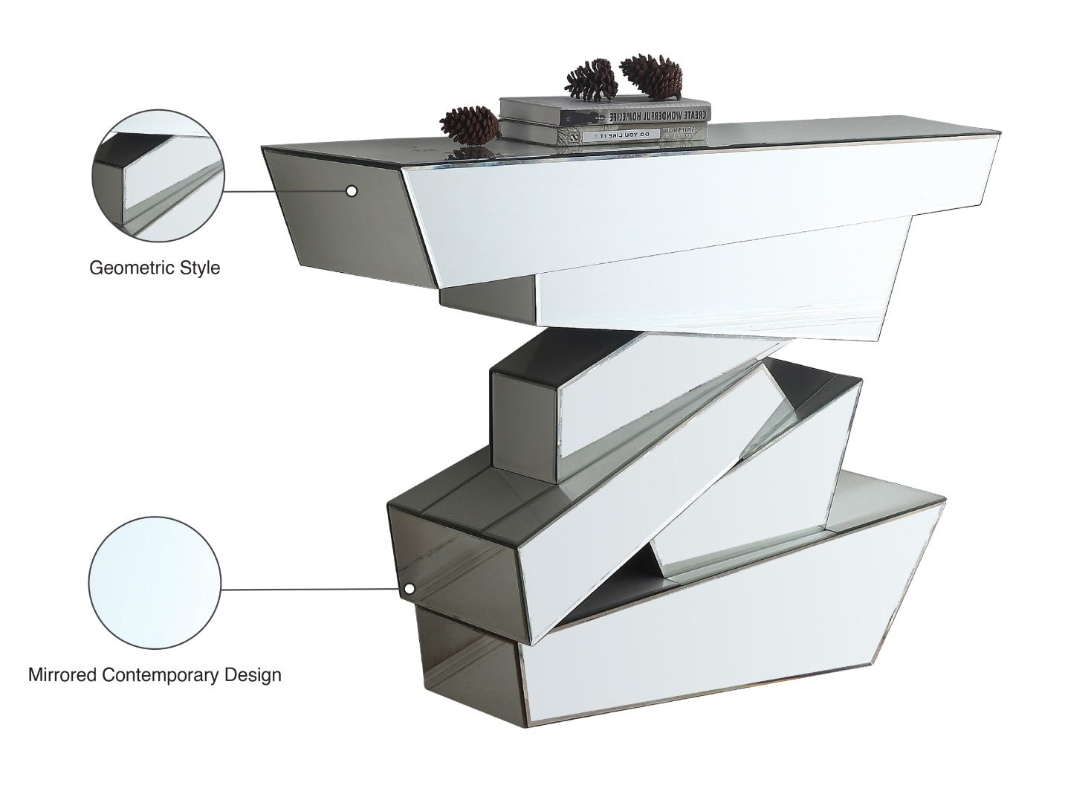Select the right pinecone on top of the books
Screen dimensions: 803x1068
[651, 75]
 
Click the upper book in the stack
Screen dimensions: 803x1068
[603, 112]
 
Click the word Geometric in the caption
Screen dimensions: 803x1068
[132, 268]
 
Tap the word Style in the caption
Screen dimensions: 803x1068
[200, 268]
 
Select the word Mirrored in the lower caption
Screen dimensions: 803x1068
[62, 675]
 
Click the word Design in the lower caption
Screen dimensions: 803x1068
[252, 675]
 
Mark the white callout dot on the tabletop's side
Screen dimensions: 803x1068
[352, 191]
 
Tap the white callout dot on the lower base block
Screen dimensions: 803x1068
[409, 589]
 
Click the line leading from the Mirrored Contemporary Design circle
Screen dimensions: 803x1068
[312, 590]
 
